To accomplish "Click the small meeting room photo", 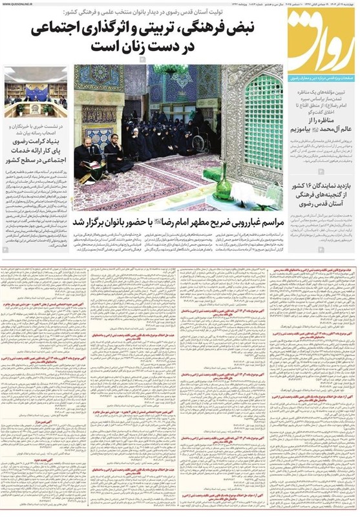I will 36,90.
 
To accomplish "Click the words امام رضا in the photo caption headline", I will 163,220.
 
